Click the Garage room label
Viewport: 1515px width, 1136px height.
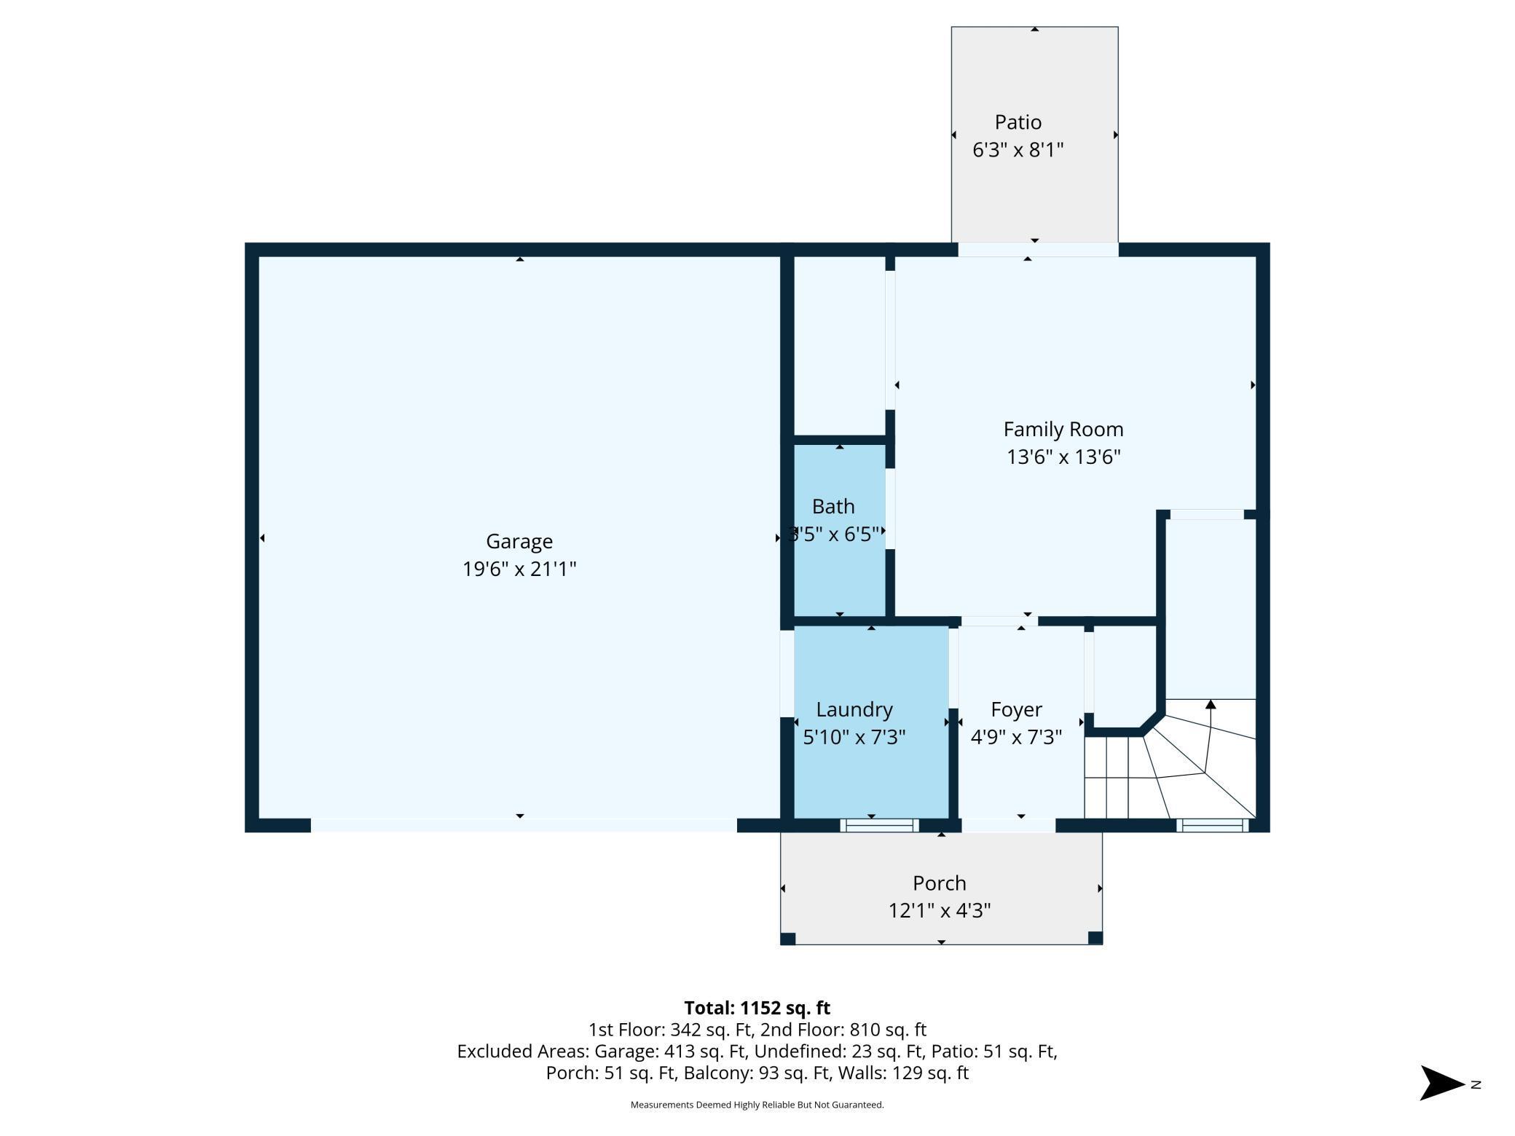tap(519, 542)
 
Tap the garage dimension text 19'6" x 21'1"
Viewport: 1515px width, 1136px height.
tap(519, 569)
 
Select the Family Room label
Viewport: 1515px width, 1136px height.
tap(1063, 430)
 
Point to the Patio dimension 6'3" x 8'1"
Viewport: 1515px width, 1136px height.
tap(1018, 150)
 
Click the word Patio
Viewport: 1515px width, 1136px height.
tap(1018, 122)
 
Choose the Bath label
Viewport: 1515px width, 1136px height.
tap(833, 506)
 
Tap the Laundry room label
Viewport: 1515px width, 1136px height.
tap(854, 710)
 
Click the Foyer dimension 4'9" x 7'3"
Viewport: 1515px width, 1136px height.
tap(1017, 738)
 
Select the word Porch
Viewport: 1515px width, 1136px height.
tap(940, 883)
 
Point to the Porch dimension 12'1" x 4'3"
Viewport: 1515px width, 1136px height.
tap(940, 911)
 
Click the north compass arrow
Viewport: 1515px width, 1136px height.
tap(1442, 1084)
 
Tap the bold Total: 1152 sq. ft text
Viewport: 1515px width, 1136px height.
tap(757, 1008)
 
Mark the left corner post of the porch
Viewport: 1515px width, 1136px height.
tap(787, 939)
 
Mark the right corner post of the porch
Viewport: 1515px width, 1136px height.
tap(1095, 938)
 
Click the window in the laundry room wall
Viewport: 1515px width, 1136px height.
tap(879, 825)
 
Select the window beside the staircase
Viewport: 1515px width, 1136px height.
tap(1213, 825)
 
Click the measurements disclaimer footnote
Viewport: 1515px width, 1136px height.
tap(757, 1105)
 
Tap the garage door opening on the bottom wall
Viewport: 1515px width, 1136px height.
tap(524, 825)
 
